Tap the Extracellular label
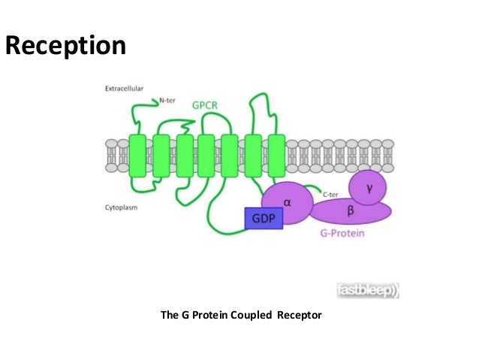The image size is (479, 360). [123, 89]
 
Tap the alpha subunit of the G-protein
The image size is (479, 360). [287, 201]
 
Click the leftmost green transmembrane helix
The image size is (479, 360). [137, 156]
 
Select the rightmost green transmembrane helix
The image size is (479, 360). [276, 156]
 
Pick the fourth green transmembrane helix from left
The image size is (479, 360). [206, 156]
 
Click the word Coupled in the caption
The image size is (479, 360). [253, 314]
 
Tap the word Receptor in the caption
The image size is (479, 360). [300, 314]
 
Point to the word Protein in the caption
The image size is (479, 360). [209, 314]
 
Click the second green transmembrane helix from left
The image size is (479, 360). [160, 156]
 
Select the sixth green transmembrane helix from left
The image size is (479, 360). [253, 156]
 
